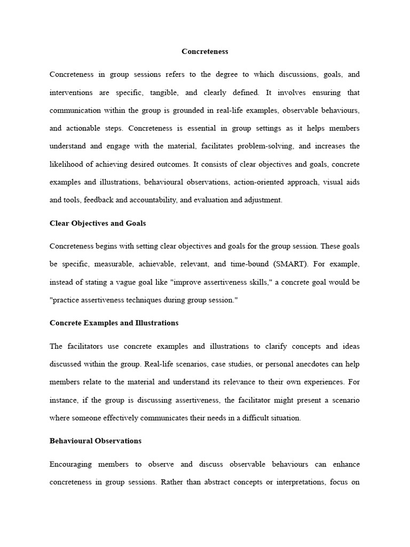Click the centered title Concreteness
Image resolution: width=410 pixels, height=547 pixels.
[x=204, y=51]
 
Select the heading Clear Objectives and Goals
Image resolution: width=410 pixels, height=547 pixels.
[x=98, y=223]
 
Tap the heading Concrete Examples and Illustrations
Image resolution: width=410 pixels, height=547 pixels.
[x=114, y=323]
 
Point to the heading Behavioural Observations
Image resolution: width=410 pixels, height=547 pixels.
[x=96, y=441]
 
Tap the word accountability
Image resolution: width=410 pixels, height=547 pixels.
[x=145, y=200]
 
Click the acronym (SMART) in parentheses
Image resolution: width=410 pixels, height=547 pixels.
[x=291, y=264]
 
